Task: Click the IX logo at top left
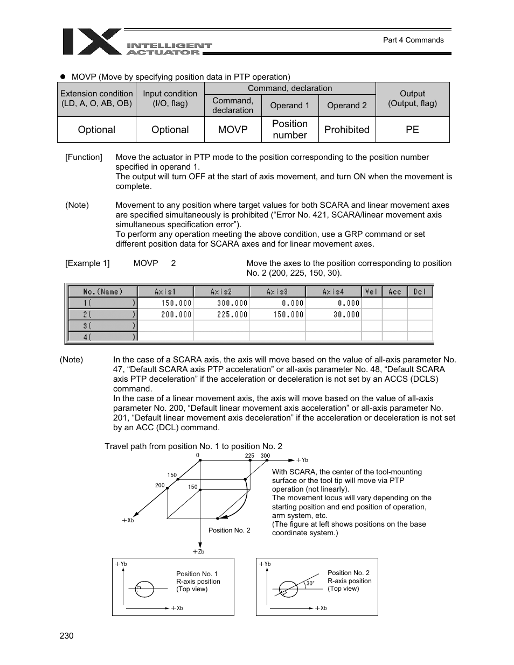click(92, 41)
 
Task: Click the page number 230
click(66, 636)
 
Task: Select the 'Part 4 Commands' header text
click(413, 40)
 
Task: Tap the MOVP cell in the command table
click(233, 130)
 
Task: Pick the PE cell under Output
click(412, 130)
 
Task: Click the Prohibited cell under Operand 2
click(347, 130)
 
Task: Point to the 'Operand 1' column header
click(290, 106)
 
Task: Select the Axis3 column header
click(277, 291)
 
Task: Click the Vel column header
click(371, 291)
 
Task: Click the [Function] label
click(84, 157)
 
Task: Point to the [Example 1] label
click(87, 263)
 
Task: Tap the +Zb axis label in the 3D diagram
click(198, 551)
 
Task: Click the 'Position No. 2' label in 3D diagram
click(229, 530)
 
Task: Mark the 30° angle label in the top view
click(310, 583)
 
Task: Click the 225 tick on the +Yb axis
click(249, 456)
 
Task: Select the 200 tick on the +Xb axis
click(159, 485)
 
